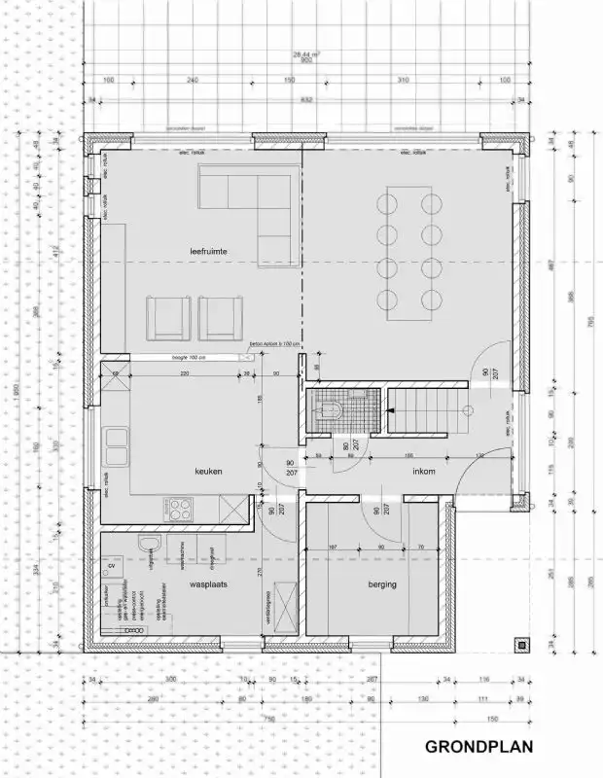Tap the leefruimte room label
(208, 251)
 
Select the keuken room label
(208, 472)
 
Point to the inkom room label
(423, 474)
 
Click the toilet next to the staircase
(326, 408)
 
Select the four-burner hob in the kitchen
(180, 508)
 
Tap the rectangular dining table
(407, 250)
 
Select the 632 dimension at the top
(307, 99)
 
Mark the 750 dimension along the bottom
(268, 718)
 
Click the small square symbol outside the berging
(524, 643)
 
